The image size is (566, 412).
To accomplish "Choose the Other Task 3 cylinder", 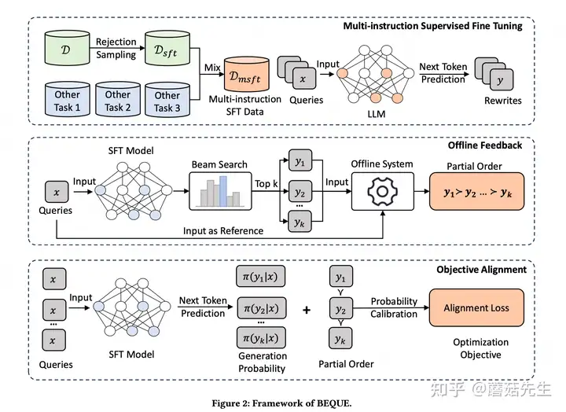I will click(167, 100).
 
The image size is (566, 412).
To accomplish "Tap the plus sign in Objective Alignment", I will click(307, 309).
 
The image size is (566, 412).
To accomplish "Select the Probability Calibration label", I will click(394, 307).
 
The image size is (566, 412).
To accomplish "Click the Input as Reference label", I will click(224, 231).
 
